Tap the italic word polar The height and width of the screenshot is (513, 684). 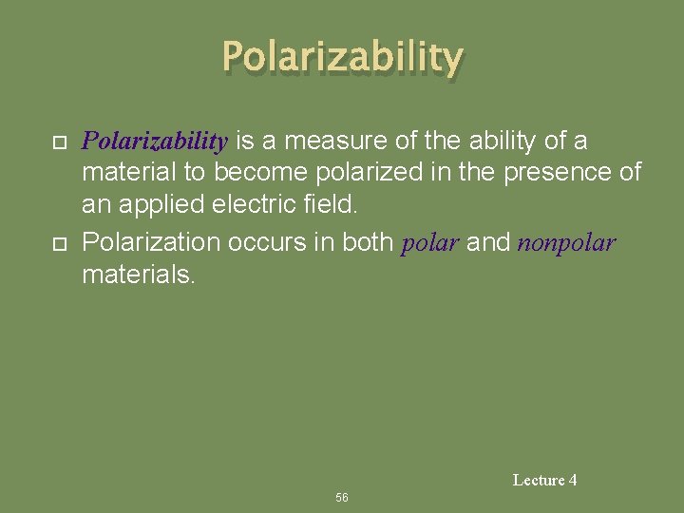click(x=430, y=244)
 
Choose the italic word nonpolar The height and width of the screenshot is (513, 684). click(x=566, y=244)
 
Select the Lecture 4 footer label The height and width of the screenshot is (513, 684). click(x=544, y=481)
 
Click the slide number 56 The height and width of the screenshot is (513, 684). click(x=342, y=498)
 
